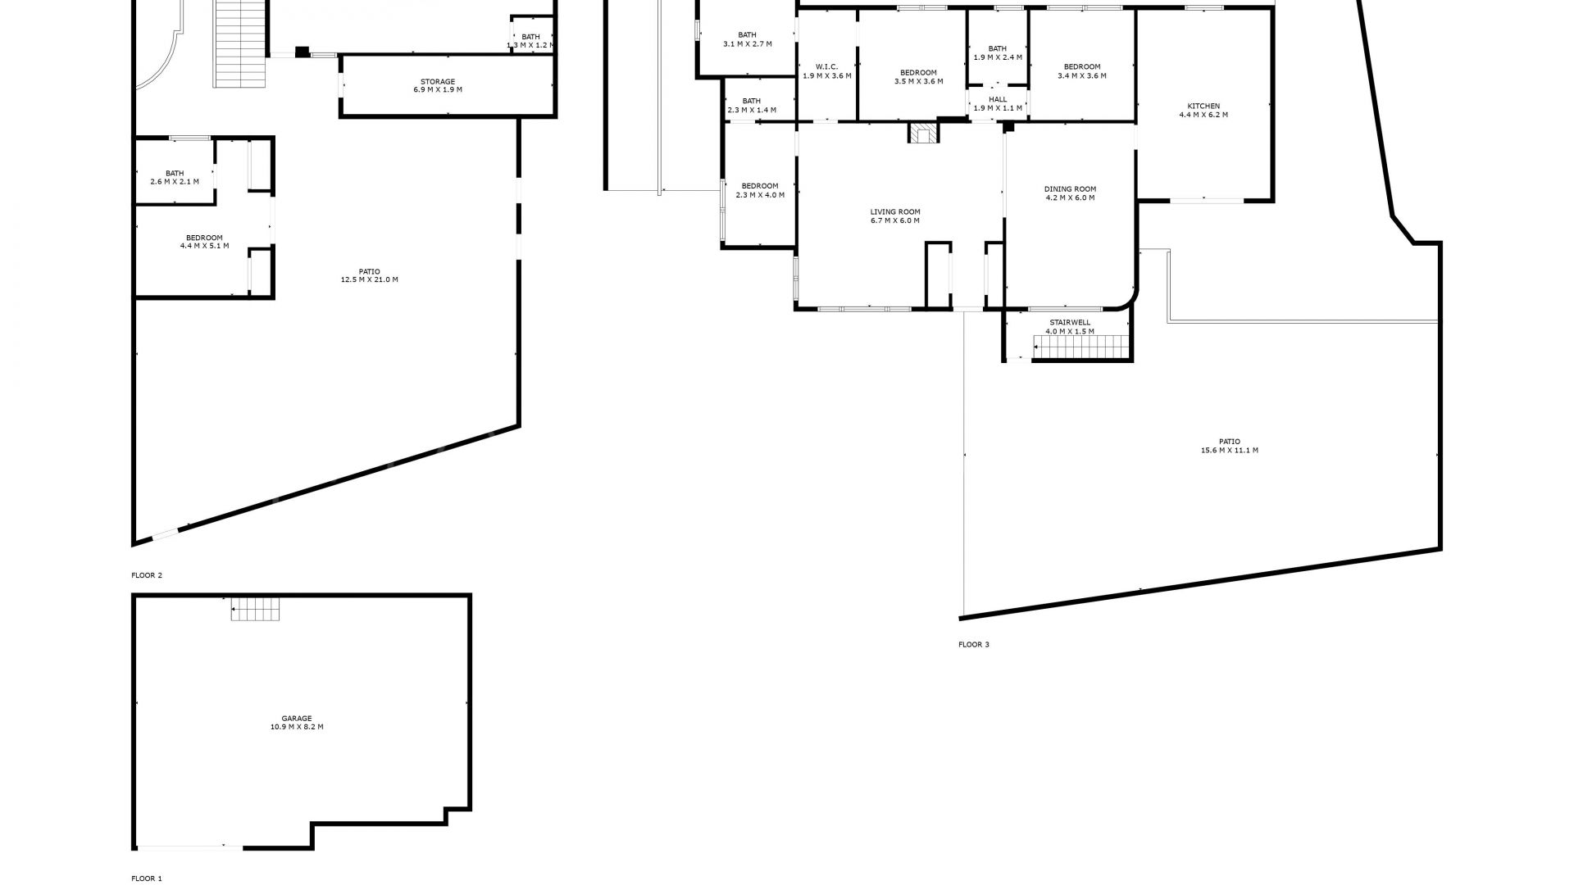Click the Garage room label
(x=297, y=723)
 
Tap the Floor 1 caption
(x=147, y=878)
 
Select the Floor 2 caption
(x=147, y=575)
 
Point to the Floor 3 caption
(x=974, y=645)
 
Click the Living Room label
(x=895, y=216)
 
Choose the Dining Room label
(x=1070, y=193)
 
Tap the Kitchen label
(x=1203, y=111)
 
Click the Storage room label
(x=438, y=85)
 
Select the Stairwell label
(x=1070, y=327)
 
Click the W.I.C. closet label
(x=826, y=71)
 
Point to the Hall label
(x=998, y=104)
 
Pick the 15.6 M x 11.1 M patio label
(x=1230, y=446)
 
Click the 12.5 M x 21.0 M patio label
(x=370, y=275)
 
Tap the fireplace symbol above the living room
(x=922, y=134)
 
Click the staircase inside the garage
(x=255, y=610)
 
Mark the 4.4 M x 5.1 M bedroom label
(x=204, y=242)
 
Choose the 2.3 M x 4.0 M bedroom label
(x=760, y=190)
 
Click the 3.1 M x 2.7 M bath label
(x=747, y=39)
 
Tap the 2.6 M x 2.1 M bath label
(x=175, y=177)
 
